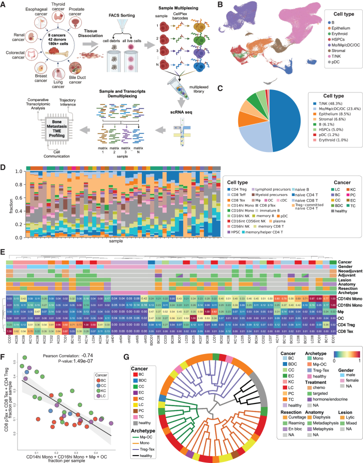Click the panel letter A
4,4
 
